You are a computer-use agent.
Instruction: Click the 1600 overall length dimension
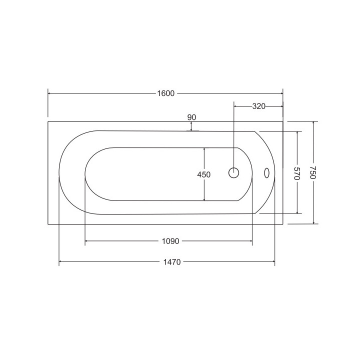[166, 93]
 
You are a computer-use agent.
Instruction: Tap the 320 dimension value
[259, 106]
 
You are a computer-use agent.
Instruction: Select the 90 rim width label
[191, 117]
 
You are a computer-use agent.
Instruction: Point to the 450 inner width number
[204, 174]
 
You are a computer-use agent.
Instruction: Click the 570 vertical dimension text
[297, 173]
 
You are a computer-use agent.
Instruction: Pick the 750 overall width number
[313, 172]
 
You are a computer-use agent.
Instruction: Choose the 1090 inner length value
[170, 241]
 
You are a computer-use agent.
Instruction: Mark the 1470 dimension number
[172, 262]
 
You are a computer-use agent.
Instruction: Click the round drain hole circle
[233, 173]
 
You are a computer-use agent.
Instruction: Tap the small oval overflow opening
[266, 173]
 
